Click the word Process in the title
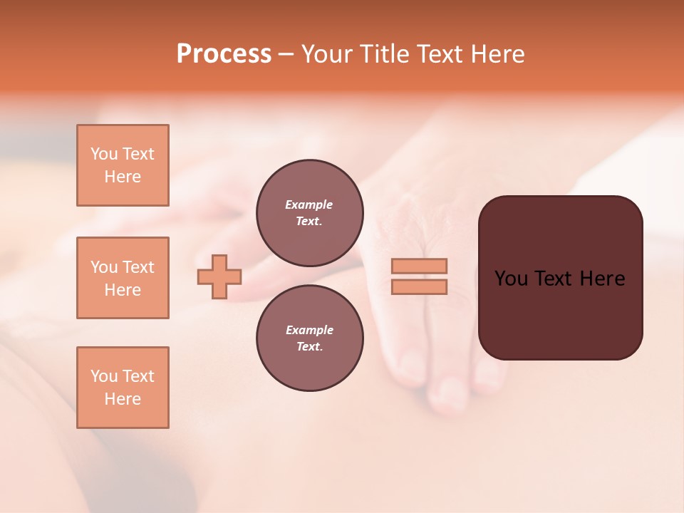point(224,54)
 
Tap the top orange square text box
point(123,165)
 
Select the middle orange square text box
point(123,278)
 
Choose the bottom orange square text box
point(123,388)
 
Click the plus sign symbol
point(219,276)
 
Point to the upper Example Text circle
point(309,213)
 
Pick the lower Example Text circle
point(309,338)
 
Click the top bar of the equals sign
point(419,266)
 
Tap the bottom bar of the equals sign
point(419,286)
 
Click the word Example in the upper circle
point(309,204)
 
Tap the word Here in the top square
point(123,177)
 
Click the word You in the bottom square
point(104,376)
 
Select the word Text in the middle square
point(139,267)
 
